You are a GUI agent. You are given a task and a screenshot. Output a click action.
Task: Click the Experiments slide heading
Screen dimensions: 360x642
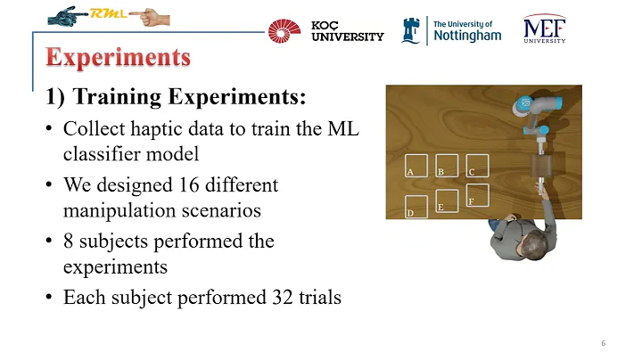(119, 58)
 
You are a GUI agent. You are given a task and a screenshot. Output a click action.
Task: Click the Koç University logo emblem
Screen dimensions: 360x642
(285, 31)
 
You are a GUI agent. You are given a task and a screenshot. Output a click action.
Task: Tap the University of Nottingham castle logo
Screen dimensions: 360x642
(413, 30)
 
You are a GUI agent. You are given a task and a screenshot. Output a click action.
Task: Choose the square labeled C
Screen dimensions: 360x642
(477, 167)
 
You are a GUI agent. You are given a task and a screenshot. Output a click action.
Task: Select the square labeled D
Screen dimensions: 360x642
(416, 207)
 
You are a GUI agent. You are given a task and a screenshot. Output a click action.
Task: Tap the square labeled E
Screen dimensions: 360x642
(447, 201)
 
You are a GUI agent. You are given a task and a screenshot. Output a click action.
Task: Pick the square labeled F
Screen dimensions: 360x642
(477, 196)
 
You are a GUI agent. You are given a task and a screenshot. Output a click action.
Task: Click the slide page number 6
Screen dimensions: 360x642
(604, 343)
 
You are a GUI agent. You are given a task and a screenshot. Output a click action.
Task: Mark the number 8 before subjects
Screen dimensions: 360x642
(69, 241)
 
